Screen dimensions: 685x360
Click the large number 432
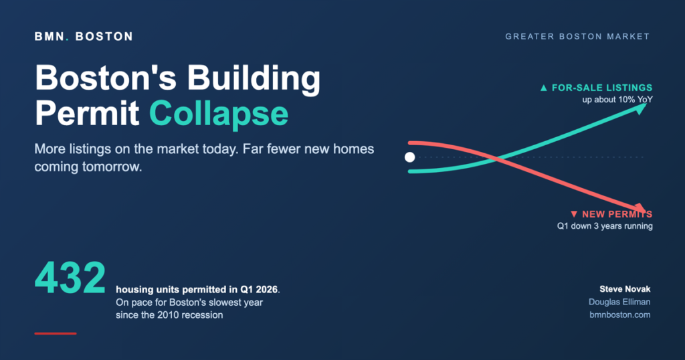tap(70, 278)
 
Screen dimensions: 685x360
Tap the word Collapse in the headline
tap(219, 114)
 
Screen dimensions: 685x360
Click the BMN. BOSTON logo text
tap(84, 37)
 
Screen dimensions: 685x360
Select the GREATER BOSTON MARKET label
tap(577, 37)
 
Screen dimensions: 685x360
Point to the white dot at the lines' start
tap(410, 157)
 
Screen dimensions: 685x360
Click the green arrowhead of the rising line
tap(640, 108)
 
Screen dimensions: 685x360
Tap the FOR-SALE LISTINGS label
tap(602, 88)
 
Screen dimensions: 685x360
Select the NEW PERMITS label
tap(617, 214)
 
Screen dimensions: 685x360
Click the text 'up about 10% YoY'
tap(617, 100)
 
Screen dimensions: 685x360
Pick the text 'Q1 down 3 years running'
tap(605, 226)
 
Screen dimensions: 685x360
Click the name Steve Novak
tap(625, 289)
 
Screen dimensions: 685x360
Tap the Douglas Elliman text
tap(619, 302)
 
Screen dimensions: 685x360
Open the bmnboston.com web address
tap(620, 314)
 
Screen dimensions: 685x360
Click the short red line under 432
tap(56, 333)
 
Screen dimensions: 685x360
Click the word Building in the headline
tap(254, 78)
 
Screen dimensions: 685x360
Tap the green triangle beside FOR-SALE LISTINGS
tap(543, 88)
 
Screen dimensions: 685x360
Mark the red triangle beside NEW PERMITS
tap(574, 214)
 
